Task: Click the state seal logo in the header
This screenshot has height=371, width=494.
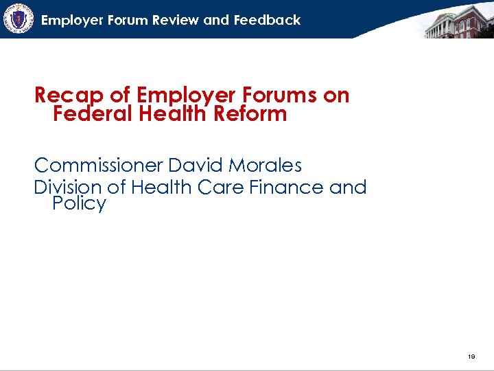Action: (18, 19)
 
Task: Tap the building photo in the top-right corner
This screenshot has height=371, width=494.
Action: (458, 21)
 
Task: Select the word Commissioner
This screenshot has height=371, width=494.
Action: (98, 166)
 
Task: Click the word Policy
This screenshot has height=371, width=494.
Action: (79, 204)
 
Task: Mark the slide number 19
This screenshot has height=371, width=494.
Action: (471, 357)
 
